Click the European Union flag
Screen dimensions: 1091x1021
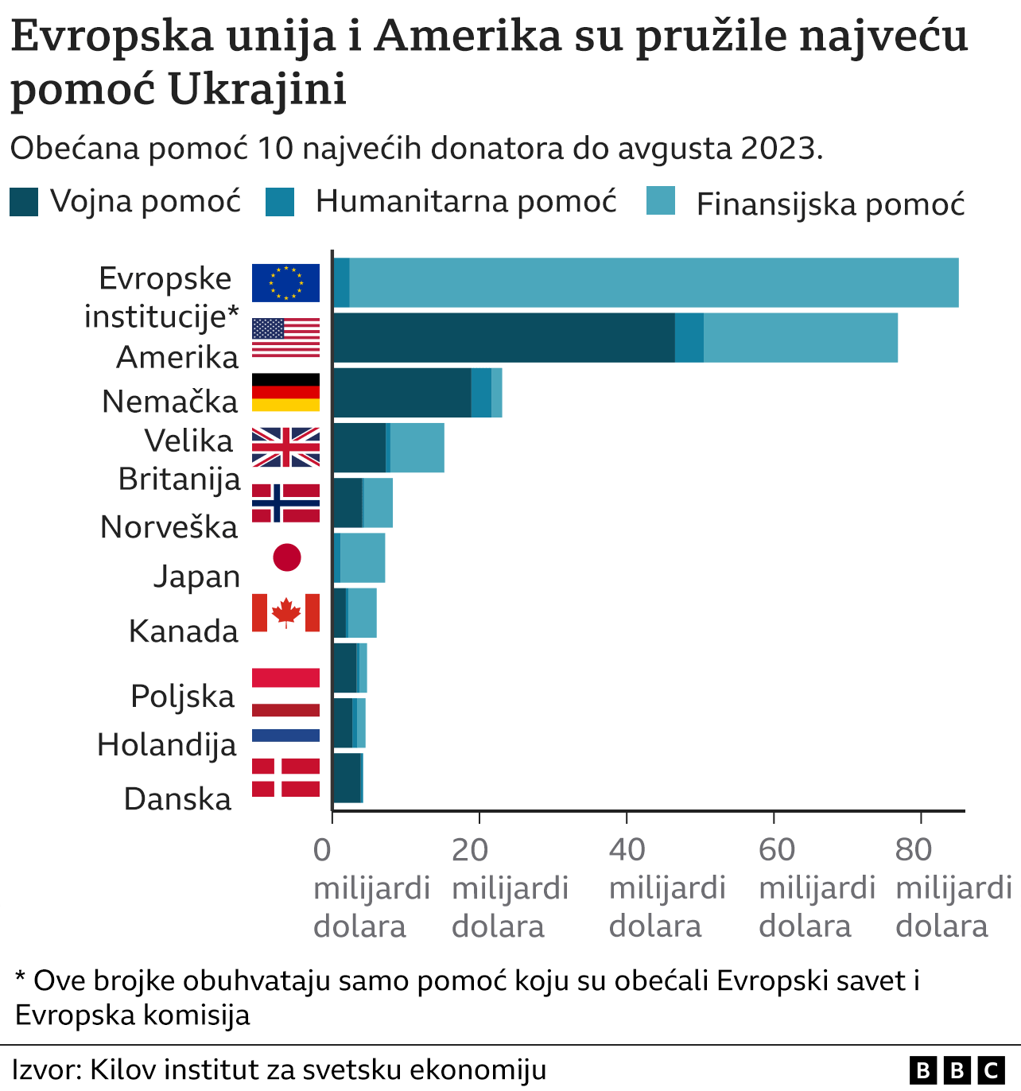pyautogui.click(x=285, y=283)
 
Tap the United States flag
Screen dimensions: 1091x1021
pyautogui.click(x=285, y=338)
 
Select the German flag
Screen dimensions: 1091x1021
pyautogui.click(x=285, y=392)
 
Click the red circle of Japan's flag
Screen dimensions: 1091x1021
pyautogui.click(x=287, y=557)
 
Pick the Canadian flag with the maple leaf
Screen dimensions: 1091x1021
pyautogui.click(x=285, y=612)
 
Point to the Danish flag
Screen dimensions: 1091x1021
pyautogui.click(x=285, y=777)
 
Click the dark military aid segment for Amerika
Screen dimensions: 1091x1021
pyautogui.click(x=503, y=338)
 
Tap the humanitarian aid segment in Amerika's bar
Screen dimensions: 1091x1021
pyautogui.click(x=689, y=338)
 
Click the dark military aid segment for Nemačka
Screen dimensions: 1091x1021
pyautogui.click(x=402, y=392)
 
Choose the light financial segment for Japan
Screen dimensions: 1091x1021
pyautogui.click(x=363, y=557)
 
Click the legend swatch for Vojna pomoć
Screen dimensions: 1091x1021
pyautogui.click(x=24, y=202)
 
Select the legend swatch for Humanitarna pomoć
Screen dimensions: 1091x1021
pyautogui.click(x=280, y=202)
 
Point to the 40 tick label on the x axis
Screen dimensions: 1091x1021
pyautogui.click(x=627, y=850)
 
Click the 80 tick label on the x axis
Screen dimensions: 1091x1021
pyautogui.click(x=913, y=850)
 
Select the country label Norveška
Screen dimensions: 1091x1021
pyautogui.click(x=169, y=527)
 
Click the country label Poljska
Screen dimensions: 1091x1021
pyautogui.click(x=183, y=696)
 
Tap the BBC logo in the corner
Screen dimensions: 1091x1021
pyautogui.click(x=957, y=1070)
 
